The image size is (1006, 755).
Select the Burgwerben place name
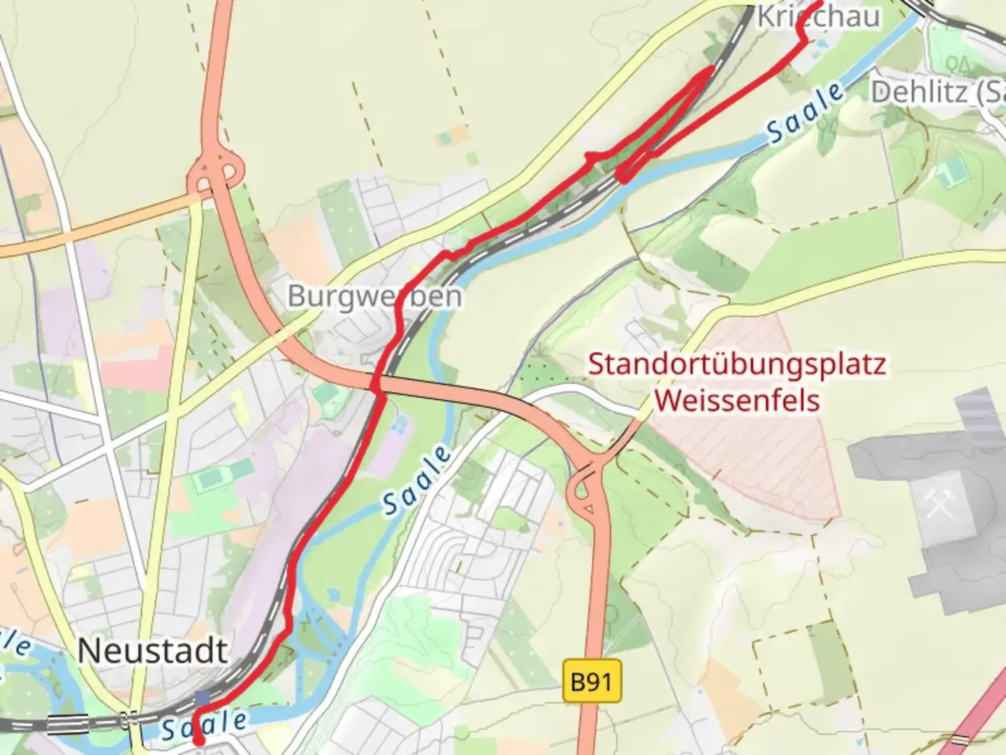(374, 296)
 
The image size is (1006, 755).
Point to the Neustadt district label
(152, 651)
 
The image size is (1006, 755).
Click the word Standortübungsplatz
(737, 364)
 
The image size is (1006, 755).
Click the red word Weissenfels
(737, 401)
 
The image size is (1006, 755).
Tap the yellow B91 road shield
(591, 680)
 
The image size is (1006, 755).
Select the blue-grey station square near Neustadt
(203, 698)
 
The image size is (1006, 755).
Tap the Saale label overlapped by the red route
(205, 726)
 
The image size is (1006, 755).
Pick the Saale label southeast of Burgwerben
(417, 481)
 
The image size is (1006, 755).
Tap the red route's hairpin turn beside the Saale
(620, 175)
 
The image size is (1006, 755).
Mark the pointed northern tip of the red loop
(712, 69)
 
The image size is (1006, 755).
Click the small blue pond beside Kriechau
(818, 43)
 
